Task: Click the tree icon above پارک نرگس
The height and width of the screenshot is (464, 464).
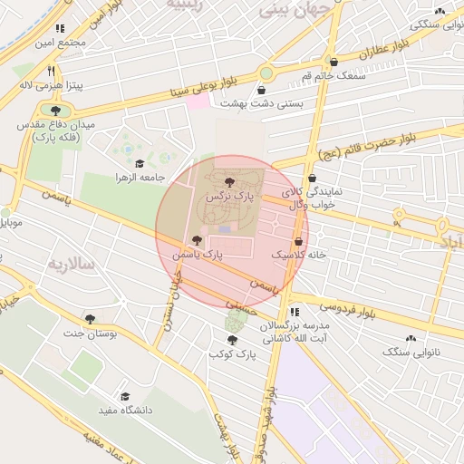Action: [227, 183]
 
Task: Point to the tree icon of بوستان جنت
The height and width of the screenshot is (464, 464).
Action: [91, 319]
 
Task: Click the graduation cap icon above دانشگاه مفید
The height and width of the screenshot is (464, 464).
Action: [126, 397]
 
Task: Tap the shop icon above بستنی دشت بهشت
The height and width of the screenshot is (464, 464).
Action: [262, 91]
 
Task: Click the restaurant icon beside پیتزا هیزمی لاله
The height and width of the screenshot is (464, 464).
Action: [53, 71]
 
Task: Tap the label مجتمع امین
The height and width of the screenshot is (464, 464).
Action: [60, 42]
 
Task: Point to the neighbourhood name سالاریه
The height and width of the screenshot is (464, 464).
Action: [70, 265]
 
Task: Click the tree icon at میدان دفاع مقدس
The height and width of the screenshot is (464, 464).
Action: [56, 111]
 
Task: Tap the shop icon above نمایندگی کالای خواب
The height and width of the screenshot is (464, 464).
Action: [312, 179]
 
